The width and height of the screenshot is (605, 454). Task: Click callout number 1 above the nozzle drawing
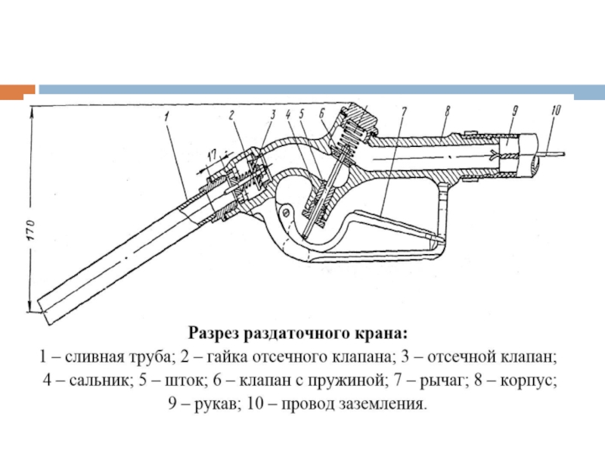point(164,117)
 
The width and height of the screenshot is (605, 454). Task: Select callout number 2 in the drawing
point(232,115)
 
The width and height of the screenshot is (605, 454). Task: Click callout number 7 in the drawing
point(403,113)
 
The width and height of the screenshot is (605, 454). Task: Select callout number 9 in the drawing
point(513,112)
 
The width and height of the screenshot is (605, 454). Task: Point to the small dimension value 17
point(211,154)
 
